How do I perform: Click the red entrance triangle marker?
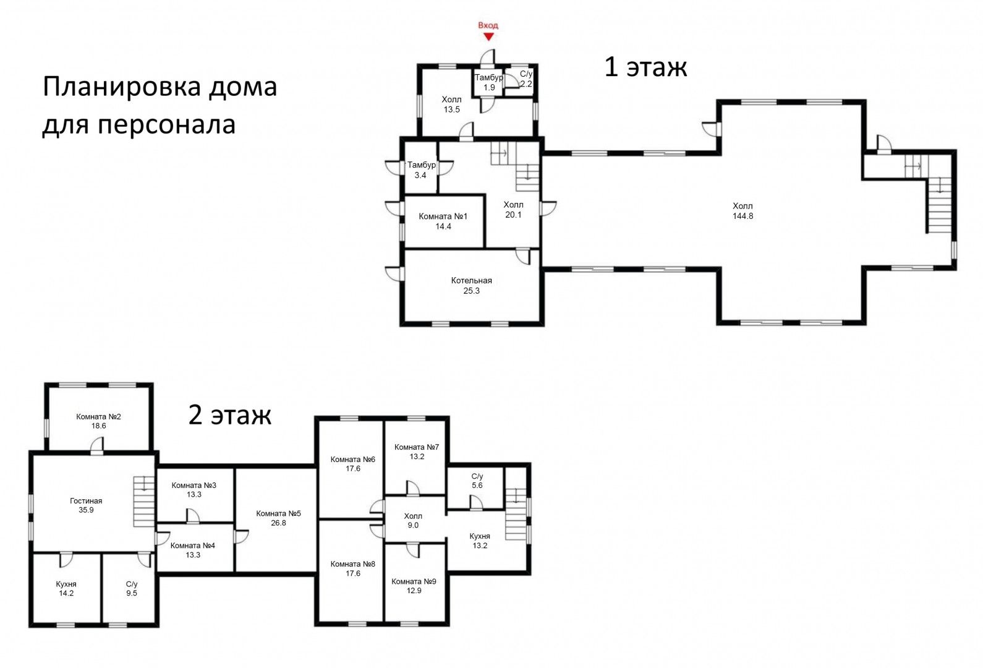tap(488, 37)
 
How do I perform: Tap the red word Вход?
tap(488, 25)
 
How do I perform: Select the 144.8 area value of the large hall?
tap(743, 216)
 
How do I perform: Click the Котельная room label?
tap(471, 280)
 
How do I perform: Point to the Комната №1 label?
tap(443, 216)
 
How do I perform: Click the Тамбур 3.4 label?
tap(421, 170)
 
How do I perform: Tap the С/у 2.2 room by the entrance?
tap(526, 79)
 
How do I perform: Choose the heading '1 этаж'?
tap(645, 67)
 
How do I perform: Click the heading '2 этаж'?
tap(230, 414)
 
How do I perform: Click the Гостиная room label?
tap(86, 501)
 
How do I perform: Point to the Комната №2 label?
tap(98, 416)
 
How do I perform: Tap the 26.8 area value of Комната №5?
tap(279, 523)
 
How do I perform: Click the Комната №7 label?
tap(417, 447)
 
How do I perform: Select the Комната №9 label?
tap(414, 581)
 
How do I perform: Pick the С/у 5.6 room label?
tap(477, 481)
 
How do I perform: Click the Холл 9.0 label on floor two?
tap(413, 521)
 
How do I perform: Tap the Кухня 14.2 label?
tap(66, 589)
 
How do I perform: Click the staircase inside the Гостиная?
tap(144, 502)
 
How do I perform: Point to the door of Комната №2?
tap(97, 445)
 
